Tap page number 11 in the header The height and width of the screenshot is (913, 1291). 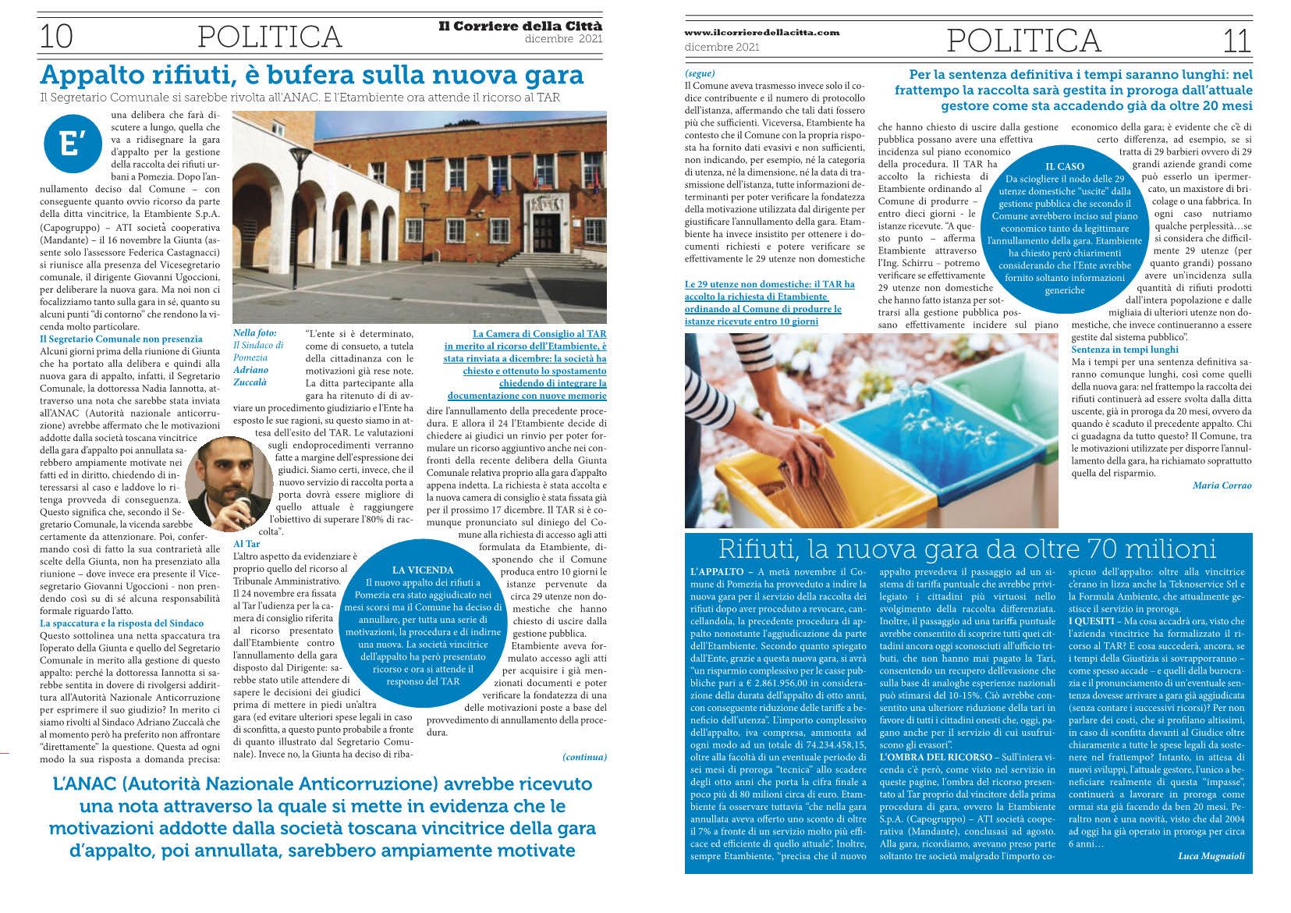pyautogui.click(x=1236, y=40)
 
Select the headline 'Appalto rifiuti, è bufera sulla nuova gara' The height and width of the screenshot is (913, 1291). pyautogui.click(x=312, y=75)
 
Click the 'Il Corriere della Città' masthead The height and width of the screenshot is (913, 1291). pyautogui.click(x=520, y=27)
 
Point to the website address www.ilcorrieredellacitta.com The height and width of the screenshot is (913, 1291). pyautogui.click(x=761, y=33)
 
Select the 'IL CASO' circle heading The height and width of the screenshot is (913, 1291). pyautogui.click(x=1064, y=166)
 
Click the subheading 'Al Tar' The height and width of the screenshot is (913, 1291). pyautogui.click(x=246, y=543)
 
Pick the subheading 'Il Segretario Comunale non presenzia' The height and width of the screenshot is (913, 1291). pyautogui.click(x=121, y=339)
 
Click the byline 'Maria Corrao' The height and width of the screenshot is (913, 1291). pyautogui.click(x=1222, y=485)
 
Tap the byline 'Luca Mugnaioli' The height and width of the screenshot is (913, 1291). pyautogui.click(x=1211, y=856)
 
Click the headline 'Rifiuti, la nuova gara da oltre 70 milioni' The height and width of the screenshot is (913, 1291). pyautogui.click(x=967, y=549)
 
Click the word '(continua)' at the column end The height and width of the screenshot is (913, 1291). pyautogui.click(x=583, y=757)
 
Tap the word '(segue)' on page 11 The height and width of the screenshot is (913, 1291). pyautogui.click(x=699, y=73)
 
